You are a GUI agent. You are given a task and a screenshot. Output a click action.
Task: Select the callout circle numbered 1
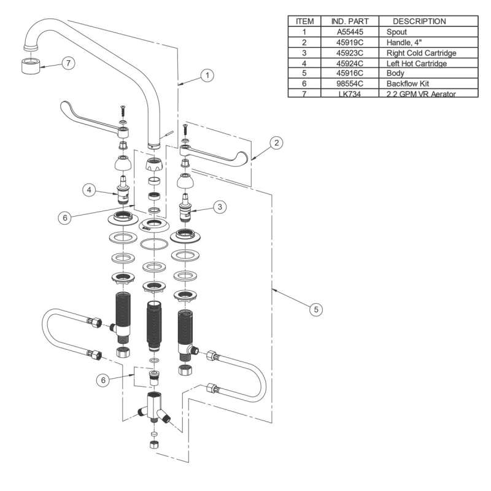coord(208,75)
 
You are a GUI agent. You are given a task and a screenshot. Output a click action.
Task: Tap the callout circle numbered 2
coord(277,143)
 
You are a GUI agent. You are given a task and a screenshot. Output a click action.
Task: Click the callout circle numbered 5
coord(315,309)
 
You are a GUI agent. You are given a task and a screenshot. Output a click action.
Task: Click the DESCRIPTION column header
coord(420,21)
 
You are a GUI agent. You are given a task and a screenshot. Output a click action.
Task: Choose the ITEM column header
coord(304,21)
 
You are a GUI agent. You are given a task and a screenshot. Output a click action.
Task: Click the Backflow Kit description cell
coord(408,83)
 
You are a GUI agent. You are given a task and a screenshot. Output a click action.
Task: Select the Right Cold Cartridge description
coord(421,52)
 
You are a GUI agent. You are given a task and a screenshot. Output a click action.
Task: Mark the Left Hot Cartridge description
coord(416,63)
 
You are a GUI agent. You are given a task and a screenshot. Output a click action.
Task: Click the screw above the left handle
coord(122,112)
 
